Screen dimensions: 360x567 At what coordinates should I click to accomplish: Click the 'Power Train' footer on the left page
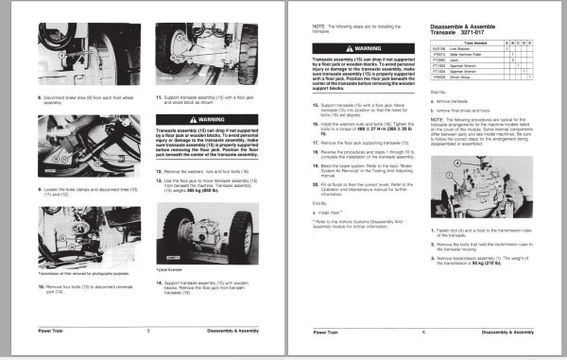pos(54,331)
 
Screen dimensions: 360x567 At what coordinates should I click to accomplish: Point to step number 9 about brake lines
pos(41,96)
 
